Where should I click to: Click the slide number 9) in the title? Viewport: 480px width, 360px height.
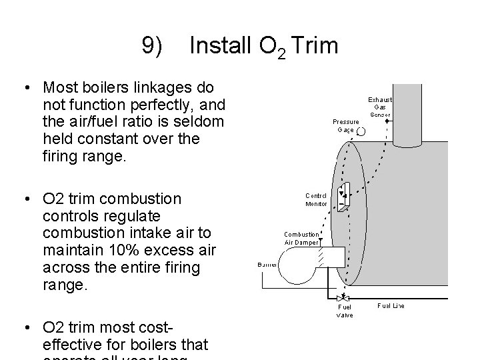[153, 46]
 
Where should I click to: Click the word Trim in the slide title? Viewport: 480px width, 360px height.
[315, 46]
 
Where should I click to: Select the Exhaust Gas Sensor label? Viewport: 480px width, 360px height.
[381, 107]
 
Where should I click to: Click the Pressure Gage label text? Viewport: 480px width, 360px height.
[345, 125]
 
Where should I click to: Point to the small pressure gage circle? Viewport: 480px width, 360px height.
[361, 132]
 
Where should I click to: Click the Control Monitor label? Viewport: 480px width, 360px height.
[316, 200]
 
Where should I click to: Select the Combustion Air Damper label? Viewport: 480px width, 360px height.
[301, 238]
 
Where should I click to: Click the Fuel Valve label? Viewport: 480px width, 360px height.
[345, 311]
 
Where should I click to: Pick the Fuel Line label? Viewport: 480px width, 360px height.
[391, 306]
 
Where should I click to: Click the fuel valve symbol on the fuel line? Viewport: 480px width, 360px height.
[344, 297]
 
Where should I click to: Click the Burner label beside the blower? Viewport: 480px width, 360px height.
[267, 265]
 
